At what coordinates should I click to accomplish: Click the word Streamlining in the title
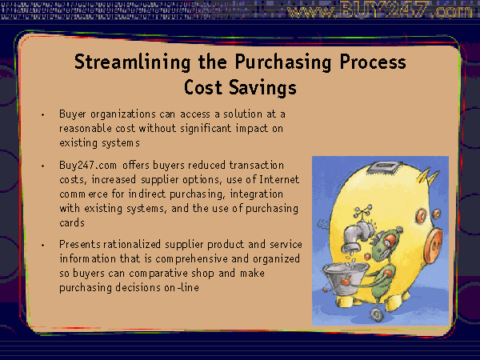(x=133, y=62)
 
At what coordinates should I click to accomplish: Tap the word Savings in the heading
(x=262, y=87)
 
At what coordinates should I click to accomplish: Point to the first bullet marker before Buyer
(x=43, y=115)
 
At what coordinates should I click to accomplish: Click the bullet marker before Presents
(x=43, y=246)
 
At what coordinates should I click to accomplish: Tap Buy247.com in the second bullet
(x=88, y=166)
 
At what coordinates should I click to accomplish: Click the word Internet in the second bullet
(x=279, y=179)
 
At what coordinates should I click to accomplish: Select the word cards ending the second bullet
(x=72, y=222)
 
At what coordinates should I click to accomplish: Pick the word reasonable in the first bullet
(x=86, y=128)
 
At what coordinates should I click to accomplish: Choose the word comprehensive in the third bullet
(x=191, y=259)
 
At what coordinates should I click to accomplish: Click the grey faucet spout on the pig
(x=358, y=236)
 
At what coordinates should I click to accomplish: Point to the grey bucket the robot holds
(x=345, y=278)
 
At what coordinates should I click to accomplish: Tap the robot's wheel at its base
(x=376, y=314)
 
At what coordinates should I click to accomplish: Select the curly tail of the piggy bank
(x=323, y=224)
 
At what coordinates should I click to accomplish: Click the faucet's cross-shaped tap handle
(x=363, y=212)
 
